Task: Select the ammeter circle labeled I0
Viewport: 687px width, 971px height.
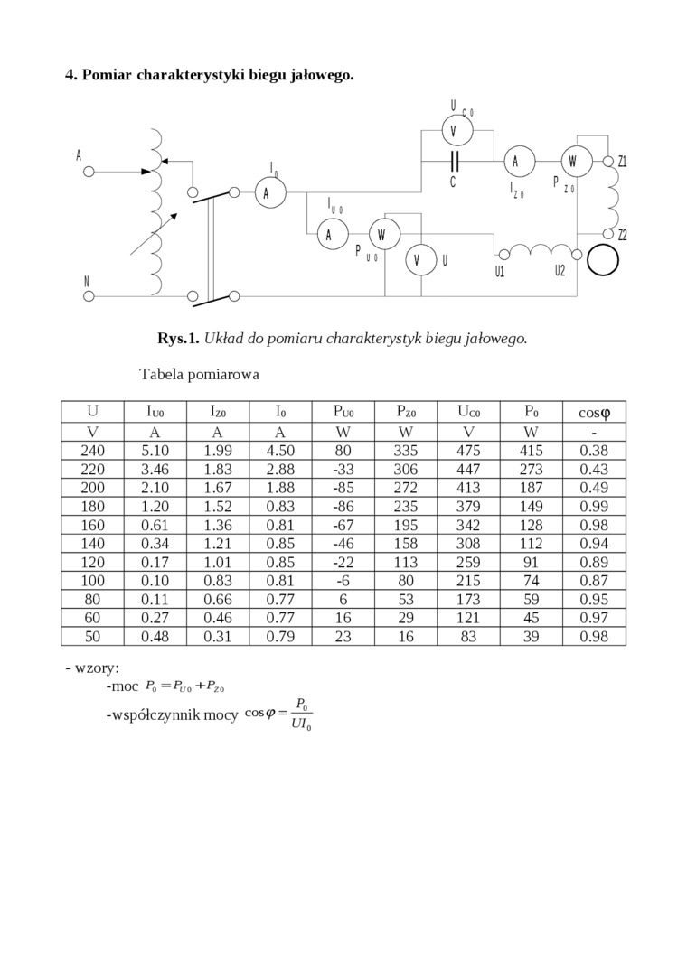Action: [268, 193]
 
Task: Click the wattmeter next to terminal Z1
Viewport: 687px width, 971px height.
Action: [574, 162]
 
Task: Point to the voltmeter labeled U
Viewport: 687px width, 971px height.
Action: [417, 260]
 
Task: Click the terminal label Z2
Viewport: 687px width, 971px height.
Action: [622, 236]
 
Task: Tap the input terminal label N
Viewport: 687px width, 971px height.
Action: [87, 281]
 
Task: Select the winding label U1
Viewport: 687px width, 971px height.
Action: [500, 271]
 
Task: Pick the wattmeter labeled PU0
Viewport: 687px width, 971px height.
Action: [382, 235]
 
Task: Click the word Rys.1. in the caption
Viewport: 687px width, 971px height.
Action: [178, 339]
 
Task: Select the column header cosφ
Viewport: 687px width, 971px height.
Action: [594, 413]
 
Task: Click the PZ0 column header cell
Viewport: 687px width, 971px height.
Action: [406, 412]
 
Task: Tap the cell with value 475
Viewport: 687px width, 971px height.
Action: [468, 451]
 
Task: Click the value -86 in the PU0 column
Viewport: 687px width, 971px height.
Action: [343, 507]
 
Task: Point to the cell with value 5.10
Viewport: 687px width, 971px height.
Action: [155, 451]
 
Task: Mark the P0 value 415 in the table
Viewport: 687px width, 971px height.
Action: [531, 451]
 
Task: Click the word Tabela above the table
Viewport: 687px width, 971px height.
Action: [163, 374]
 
